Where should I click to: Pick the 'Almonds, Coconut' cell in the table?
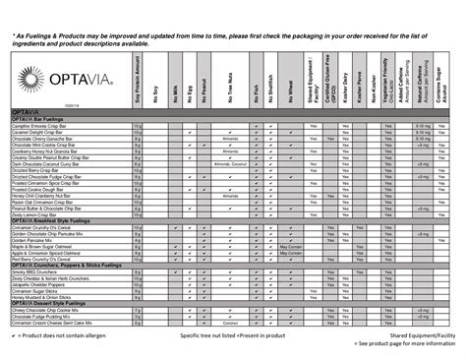[232, 165]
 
